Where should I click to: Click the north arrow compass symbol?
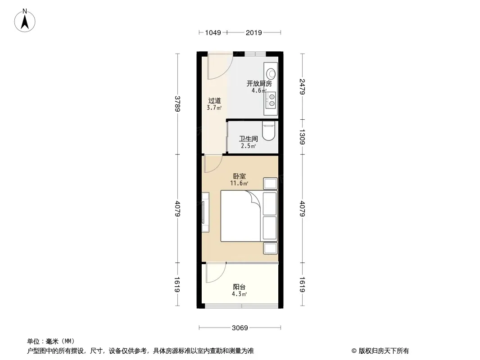pyautogui.click(x=24, y=21)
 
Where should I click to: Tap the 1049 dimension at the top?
pyautogui.click(x=213, y=32)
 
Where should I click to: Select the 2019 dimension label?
pyautogui.click(x=254, y=32)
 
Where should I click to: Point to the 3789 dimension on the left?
pyautogui.click(x=177, y=104)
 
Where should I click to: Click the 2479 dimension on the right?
pyautogui.click(x=302, y=86)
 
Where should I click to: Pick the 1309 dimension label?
pyautogui.click(x=302, y=137)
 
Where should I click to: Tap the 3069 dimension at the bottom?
pyautogui.click(x=240, y=328)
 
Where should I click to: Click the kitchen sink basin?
pyautogui.click(x=271, y=74)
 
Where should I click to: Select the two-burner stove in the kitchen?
pyautogui.click(x=271, y=100)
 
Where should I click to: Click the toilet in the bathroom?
pyautogui.click(x=269, y=130)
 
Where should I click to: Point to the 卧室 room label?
pyautogui.click(x=240, y=176)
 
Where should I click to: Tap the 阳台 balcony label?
pyautogui.click(x=240, y=287)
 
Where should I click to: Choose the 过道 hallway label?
pyautogui.click(x=214, y=101)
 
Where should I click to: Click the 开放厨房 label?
pyautogui.click(x=259, y=84)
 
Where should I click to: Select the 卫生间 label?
pyautogui.click(x=248, y=139)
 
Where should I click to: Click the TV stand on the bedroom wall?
pyautogui.click(x=205, y=212)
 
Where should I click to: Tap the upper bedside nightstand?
pyautogui.click(x=271, y=184)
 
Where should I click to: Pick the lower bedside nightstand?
pyautogui.click(x=271, y=248)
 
